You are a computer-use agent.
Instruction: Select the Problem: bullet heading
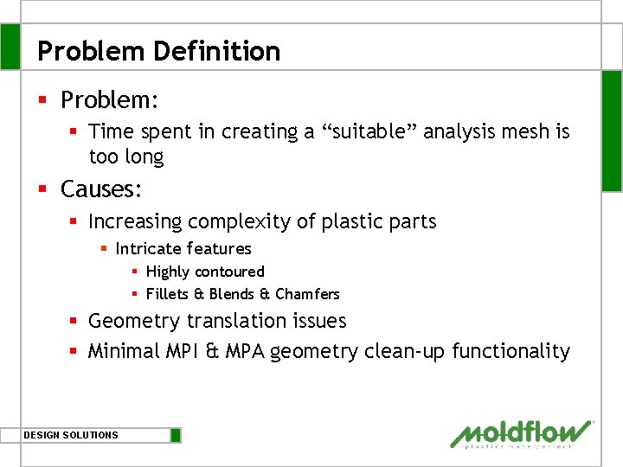(109, 100)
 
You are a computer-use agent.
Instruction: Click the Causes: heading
(101, 189)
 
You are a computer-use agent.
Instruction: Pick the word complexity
(241, 221)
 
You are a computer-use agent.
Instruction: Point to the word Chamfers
(307, 294)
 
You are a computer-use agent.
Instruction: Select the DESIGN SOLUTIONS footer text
(71, 435)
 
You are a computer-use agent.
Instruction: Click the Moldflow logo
(522, 433)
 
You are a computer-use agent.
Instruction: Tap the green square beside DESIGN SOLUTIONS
(176, 435)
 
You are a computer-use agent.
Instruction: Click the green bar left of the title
(10, 46)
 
